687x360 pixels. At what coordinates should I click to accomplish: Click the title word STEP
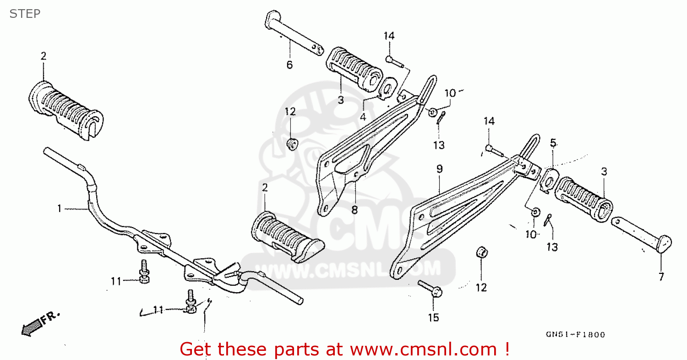tap(25, 14)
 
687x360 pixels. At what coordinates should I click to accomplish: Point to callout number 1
tap(60, 209)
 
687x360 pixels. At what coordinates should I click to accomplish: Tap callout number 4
tap(362, 117)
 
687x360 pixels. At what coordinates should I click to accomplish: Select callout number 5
tap(553, 143)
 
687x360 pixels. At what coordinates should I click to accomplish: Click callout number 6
tap(289, 65)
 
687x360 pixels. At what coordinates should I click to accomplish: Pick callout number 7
tap(661, 276)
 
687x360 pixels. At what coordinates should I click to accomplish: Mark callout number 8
tap(354, 210)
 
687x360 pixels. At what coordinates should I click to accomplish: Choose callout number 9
tap(439, 169)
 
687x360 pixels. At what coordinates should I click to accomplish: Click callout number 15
tap(433, 317)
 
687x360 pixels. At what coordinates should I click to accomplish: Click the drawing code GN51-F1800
tap(575, 335)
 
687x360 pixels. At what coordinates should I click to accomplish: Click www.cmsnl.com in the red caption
tap(423, 349)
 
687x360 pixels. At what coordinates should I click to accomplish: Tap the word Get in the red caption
tap(197, 349)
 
